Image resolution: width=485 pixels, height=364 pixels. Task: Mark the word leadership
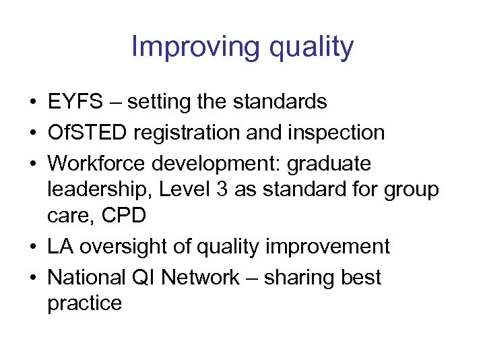[100, 190]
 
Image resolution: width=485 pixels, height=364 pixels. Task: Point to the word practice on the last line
[84, 303]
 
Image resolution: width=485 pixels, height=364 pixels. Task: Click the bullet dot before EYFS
[33, 102]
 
